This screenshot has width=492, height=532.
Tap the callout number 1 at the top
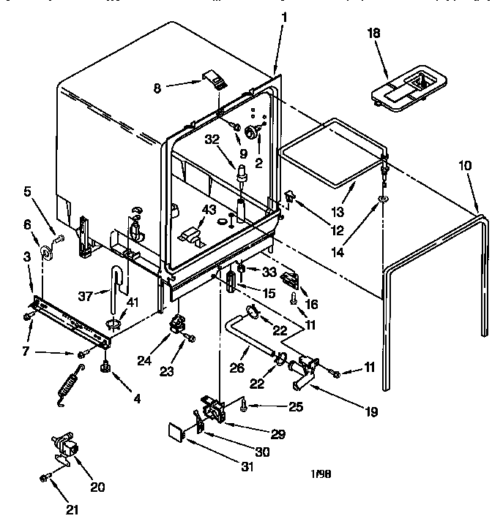click(x=285, y=16)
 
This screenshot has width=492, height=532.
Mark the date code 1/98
click(x=321, y=474)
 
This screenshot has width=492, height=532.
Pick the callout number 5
click(x=27, y=194)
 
